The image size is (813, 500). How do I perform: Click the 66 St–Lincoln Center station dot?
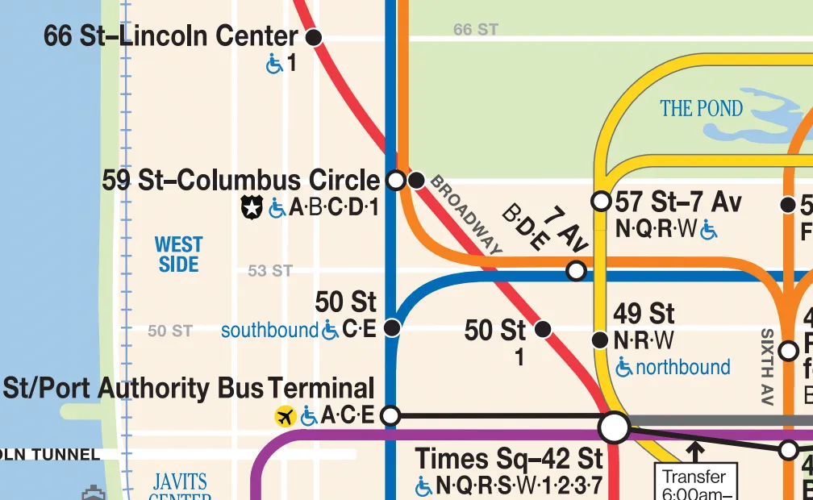tap(314, 36)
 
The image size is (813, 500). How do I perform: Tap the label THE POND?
tap(701, 108)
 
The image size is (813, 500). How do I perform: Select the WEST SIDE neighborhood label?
tap(178, 254)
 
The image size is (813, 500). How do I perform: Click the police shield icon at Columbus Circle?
tap(252, 208)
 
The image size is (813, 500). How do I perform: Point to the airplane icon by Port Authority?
tap(285, 417)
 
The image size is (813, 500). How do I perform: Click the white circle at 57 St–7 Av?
tap(601, 201)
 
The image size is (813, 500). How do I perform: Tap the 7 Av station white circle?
tap(576, 270)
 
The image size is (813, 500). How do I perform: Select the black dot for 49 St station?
tap(599, 340)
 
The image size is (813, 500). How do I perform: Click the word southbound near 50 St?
tap(269, 330)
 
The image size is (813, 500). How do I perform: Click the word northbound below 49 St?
tap(683, 368)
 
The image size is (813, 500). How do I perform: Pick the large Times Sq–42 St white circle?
tap(615, 427)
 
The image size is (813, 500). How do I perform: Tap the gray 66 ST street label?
tap(476, 30)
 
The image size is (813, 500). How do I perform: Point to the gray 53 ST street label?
tap(269, 271)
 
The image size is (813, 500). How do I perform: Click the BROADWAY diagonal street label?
tap(466, 215)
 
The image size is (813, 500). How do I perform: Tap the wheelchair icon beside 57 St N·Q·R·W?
tap(709, 231)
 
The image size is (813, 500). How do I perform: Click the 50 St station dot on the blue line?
tap(392, 327)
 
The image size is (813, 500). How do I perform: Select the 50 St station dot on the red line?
tap(543, 329)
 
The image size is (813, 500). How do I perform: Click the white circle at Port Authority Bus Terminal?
tap(390, 416)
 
